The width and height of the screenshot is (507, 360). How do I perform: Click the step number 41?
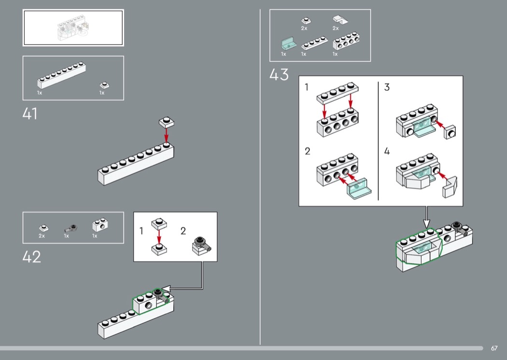[x=30, y=114]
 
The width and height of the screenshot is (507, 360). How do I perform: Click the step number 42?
[x=32, y=257]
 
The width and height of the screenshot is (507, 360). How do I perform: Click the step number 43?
[x=279, y=75]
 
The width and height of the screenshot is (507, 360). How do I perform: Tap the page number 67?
[x=494, y=348]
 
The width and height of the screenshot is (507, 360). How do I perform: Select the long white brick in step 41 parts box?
[x=61, y=75]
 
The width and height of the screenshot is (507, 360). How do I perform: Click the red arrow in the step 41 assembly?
[x=166, y=136]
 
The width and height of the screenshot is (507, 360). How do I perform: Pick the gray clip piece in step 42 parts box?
[x=70, y=228]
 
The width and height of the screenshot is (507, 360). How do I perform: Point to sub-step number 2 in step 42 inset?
[x=183, y=231]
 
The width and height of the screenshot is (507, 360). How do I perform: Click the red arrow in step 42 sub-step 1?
[x=159, y=237]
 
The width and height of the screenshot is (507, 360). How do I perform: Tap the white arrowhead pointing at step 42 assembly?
[x=166, y=288]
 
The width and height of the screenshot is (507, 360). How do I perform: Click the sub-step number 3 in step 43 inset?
[x=387, y=87]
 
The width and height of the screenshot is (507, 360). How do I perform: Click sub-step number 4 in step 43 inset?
[x=387, y=151]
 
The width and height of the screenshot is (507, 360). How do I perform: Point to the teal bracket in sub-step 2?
[x=359, y=188]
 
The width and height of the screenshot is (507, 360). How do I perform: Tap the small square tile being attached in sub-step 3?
[x=450, y=132]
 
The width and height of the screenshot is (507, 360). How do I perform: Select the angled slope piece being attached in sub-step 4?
[x=450, y=187]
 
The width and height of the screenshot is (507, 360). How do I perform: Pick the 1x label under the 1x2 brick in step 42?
[x=95, y=236]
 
